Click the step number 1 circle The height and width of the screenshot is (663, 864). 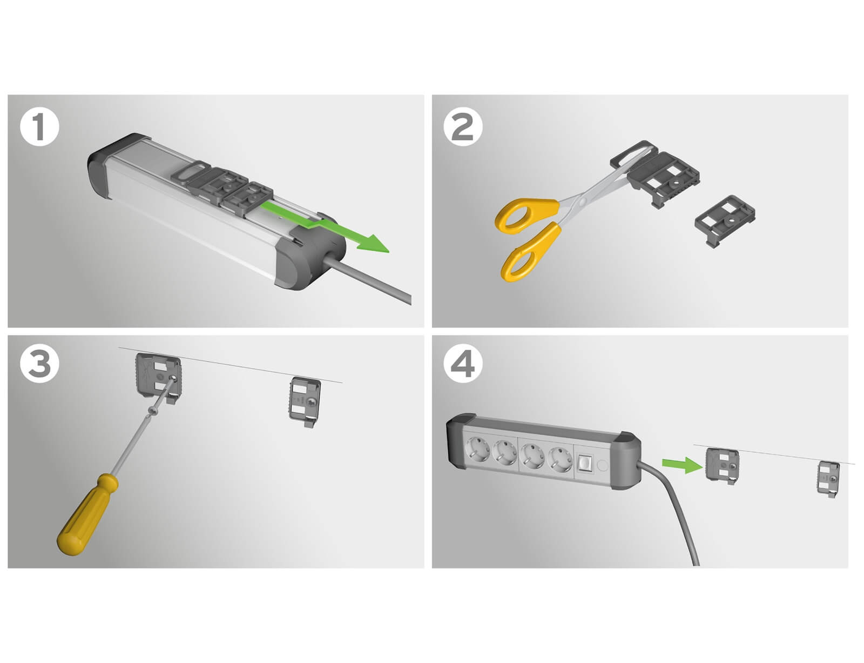(x=39, y=128)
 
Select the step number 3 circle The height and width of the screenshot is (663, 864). (x=39, y=364)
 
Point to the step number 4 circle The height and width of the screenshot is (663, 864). (x=463, y=364)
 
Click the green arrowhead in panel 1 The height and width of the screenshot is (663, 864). (x=372, y=243)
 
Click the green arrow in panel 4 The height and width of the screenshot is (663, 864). (x=683, y=465)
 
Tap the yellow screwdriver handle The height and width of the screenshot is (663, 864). (x=87, y=515)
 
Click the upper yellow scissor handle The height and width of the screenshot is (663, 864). (x=525, y=215)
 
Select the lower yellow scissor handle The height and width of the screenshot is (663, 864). (x=529, y=252)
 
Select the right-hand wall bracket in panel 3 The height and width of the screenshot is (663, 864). (x=305, y=401)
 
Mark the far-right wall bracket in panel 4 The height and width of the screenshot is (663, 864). (x=828, y=479)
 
